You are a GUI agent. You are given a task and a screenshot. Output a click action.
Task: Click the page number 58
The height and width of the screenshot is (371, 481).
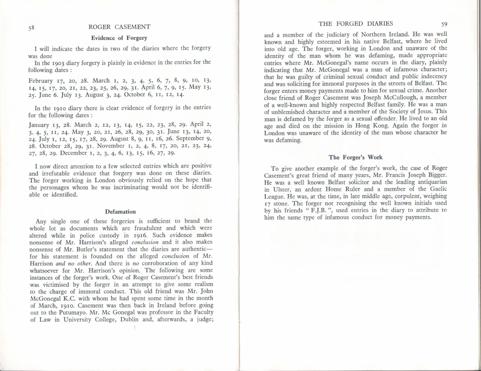[x=31, y=28]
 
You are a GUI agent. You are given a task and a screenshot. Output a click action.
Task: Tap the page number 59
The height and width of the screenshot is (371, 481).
[x=444, y=24]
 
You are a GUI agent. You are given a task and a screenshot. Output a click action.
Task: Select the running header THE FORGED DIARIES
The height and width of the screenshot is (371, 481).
[x=355, y=23]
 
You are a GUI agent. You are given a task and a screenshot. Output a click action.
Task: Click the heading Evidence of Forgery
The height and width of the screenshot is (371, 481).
[x=119, y=38]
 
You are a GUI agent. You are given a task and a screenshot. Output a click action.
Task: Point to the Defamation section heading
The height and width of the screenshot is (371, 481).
[x=120, y=212]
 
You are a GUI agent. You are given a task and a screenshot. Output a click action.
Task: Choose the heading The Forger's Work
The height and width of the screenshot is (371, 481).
[x=355, y=157]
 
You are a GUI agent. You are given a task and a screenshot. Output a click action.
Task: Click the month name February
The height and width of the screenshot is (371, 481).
[x=41, y=81]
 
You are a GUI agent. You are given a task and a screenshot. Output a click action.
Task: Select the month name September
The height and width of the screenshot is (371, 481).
[x=191, y=139]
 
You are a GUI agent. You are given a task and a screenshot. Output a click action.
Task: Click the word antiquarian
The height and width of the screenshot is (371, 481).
[x=430, y=182]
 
